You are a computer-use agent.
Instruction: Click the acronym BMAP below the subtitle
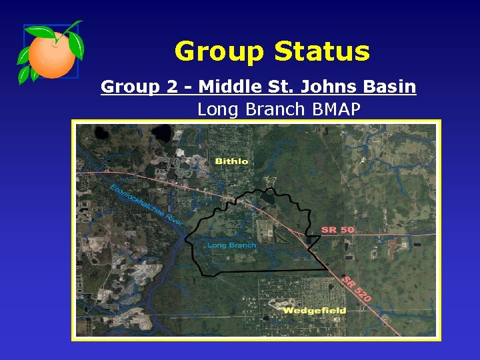335,109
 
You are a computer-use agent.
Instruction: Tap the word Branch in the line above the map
273,109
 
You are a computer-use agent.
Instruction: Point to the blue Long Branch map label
231,245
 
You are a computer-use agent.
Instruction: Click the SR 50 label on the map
338,229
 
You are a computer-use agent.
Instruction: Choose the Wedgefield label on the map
315,311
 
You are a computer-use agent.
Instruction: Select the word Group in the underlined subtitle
130,87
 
